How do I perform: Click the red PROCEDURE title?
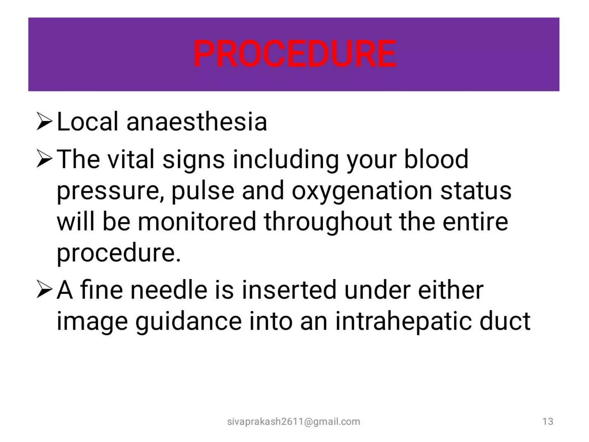(294, 54)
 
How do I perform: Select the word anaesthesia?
(197, 121)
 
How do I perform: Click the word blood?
(436, 159)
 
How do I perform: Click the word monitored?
(197, 222)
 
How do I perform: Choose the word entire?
(475, 222)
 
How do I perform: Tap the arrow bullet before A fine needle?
(44, 290)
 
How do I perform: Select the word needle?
(169, 290)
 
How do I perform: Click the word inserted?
(289, 290)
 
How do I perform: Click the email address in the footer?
(293, 422)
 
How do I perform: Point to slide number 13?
(548, 422)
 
